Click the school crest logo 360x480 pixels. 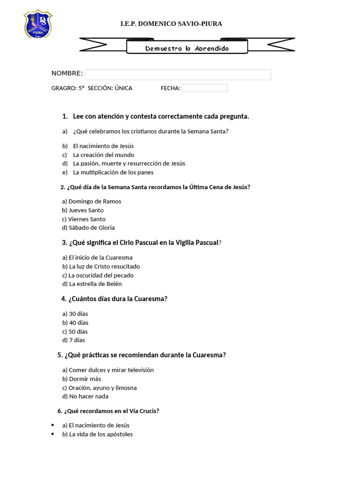[37, 24]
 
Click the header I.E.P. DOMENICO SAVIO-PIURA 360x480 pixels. [171, 23]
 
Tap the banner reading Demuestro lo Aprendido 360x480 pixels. [187, 48]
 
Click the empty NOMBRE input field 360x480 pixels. [178, 75]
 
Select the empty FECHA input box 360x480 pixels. [204, 88]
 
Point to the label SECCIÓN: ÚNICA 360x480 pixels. [110, 88]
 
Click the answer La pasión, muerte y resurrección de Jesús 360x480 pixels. [129, 164]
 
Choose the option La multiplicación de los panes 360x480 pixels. [113, 172]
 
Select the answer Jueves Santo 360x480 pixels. [86, 210]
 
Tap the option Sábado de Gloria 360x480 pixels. [91, 228]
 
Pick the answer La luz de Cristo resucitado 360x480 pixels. [104, 267]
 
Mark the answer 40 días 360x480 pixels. [78, 323]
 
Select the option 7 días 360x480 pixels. [77, 340]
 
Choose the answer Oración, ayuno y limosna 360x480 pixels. [103, 388]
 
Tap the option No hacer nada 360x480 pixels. [89, 397]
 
